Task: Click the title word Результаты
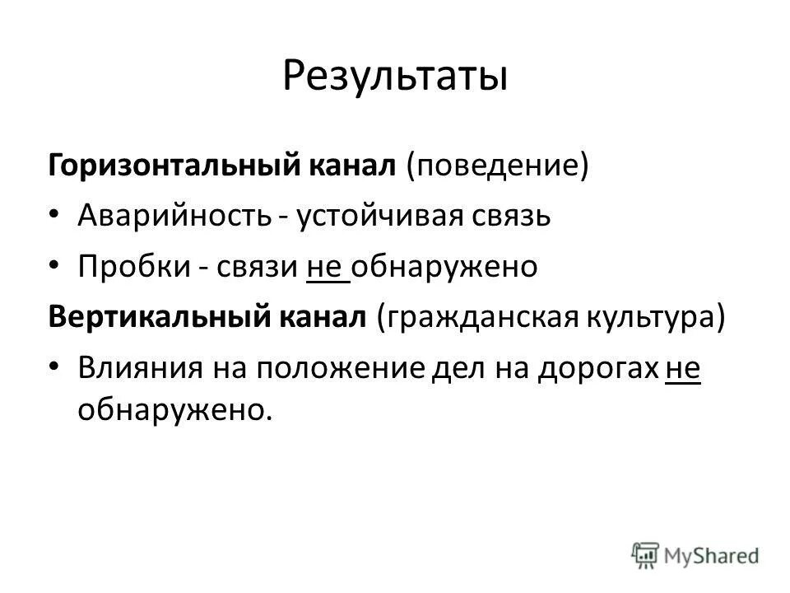click(395, 75)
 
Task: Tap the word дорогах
click(598, 369)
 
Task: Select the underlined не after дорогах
click(682, 369)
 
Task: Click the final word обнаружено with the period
click(174, 409)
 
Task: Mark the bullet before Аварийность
click(54, 217)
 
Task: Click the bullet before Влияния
click(54, 370)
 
